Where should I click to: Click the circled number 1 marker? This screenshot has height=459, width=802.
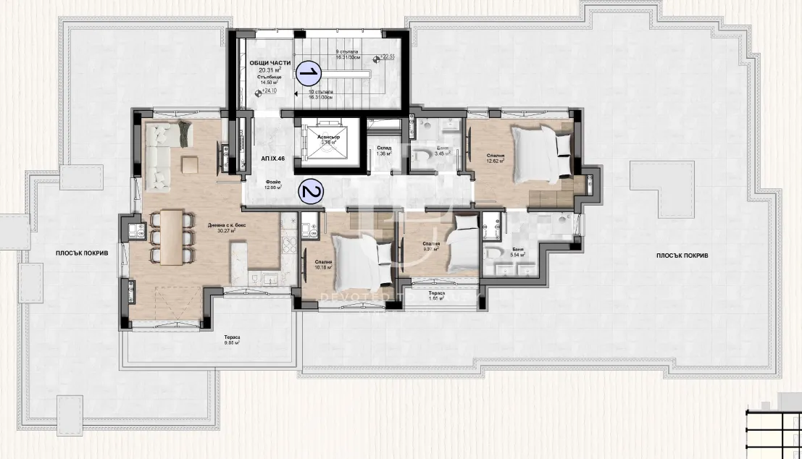309,72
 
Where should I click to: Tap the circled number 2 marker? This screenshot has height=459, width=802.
311,193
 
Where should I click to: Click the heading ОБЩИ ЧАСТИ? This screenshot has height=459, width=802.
270,64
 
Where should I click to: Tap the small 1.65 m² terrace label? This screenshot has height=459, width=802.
435,298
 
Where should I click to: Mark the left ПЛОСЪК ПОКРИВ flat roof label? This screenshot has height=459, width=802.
81,253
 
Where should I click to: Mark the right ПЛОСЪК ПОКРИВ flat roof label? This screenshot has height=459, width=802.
682,256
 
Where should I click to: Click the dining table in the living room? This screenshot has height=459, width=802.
173,237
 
